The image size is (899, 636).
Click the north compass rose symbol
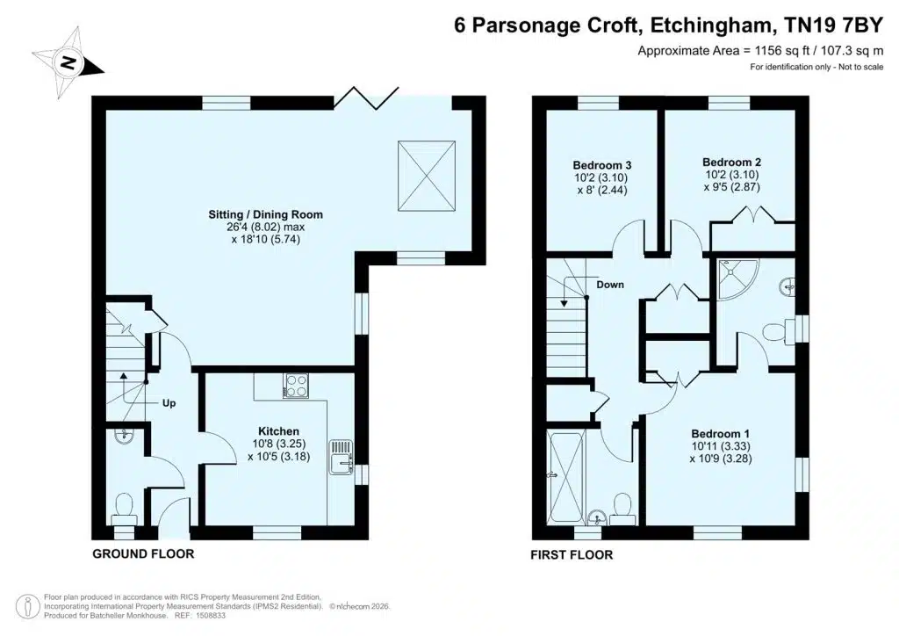[x=68, y=63]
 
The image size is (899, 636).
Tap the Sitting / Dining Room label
[x=265, y=214]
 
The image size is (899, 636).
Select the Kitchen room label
[x=278, y=430]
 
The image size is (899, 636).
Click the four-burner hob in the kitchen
[x=296, y=386]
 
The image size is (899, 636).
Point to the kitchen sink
[x=342, y=457]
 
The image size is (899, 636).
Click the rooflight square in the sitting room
[x=427, y=176]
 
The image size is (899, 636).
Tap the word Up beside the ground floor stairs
[x=169, y=403]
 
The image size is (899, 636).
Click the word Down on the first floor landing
[x=610, y=285]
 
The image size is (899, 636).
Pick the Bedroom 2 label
[x=731, y=163]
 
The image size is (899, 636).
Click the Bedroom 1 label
[x=720, y=434]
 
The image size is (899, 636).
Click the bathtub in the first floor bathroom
[x=565, y=477]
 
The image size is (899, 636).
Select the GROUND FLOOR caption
[x=143, y=553]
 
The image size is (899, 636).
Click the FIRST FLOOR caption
[x=572, y=554]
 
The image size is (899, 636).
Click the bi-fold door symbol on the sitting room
[x=366, y=98]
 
